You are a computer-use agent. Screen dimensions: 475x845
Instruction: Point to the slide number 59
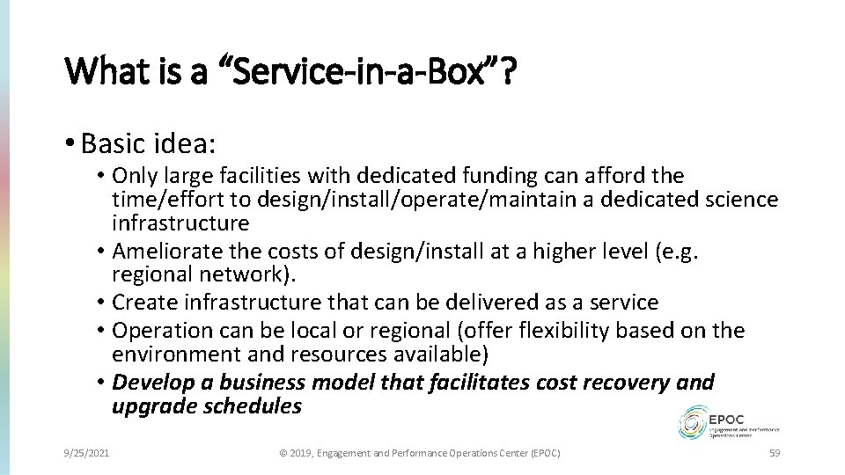pyautogui.click(x=775, y=452)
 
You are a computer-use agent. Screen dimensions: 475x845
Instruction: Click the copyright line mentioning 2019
pyautogui.click(x=419, y=452)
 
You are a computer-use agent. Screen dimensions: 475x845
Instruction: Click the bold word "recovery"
pyautogui.click(x=624, y=383)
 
